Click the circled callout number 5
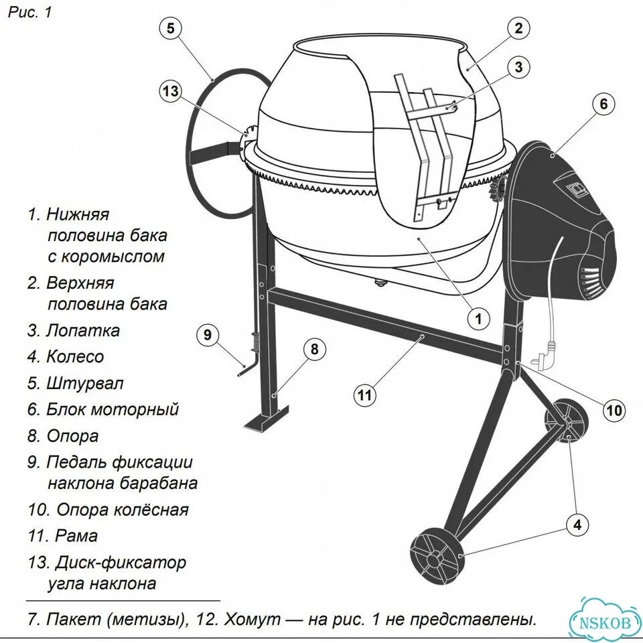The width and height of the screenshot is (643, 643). coord(170,28)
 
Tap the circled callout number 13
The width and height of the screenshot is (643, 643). coord(170,90)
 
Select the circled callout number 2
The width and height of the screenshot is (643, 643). coord(518,28)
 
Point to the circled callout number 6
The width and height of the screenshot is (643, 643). coord(603,104)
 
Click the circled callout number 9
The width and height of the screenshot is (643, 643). coord(208,335)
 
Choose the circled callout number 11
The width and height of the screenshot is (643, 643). coord(364,395)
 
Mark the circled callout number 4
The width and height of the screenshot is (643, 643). coord(577,524)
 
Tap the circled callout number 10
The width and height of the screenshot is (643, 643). coord(614,410)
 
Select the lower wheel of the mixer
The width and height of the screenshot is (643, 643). coord(435,558)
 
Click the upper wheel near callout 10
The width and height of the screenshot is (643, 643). coord(567,421)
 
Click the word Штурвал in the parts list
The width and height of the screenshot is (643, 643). coord(85,383)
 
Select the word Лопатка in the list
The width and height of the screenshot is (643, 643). coord(83,330)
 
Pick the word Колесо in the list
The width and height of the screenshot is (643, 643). coord(75,357)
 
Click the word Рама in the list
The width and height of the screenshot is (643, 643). coord(76,536)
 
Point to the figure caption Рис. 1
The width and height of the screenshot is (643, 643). coord(30,12)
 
